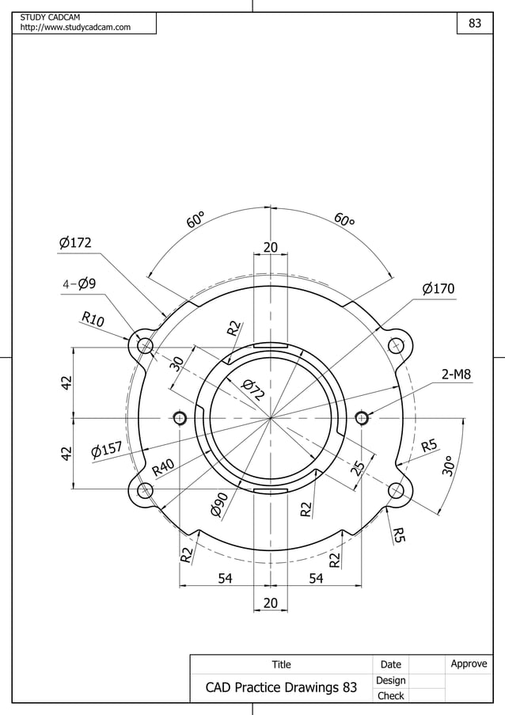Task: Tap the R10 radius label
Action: pyautogui.click(x=93, y=320)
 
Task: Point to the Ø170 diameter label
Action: pyautogui.click(x=438, y=289)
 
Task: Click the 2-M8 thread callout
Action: pyautogui.click(x=457, y=374)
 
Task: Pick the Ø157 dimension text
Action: pyautogui.click(x=106, y=451)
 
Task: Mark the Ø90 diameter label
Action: pyautogui.click(x=220, y=504)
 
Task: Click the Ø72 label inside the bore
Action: pyautogui.click(x=252, y=389)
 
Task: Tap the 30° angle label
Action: pyautogui.click(x=448, y=466)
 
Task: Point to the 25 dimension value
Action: pyautogui.click(x=359, y=467)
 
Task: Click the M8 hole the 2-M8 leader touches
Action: pyautogui.click(x=362, y=417)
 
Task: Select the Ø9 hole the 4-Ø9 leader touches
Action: pyautogui.click(x=145, y=346)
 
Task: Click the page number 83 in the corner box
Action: pyautogui.click(x=475, y=24)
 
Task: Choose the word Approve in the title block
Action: pyautogui.click(x=469, y=664)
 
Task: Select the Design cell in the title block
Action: pyautogui.click(x=390, y=680)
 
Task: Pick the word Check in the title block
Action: pyautogui.click(x=390, y=696)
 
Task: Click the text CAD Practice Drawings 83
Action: pyautogui.click(x=281, y=687)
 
